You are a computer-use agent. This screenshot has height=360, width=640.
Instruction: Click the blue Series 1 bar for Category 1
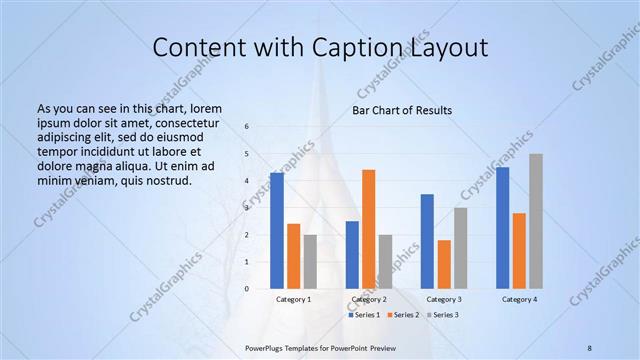276,231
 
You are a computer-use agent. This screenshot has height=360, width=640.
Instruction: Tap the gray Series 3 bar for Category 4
536,221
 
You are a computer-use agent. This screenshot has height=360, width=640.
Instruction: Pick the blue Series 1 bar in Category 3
427,241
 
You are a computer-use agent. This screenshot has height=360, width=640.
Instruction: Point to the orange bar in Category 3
444,264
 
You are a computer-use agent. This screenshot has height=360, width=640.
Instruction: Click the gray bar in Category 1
310,262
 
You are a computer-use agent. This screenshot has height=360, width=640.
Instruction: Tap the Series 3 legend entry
444,315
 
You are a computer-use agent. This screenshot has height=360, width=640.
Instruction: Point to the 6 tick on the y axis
246,127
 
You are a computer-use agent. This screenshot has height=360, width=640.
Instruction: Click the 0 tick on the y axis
246,289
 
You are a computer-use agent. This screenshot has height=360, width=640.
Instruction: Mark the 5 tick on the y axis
246,154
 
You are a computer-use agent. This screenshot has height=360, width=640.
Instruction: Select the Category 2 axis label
369,299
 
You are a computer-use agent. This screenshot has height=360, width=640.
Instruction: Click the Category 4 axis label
519,299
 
